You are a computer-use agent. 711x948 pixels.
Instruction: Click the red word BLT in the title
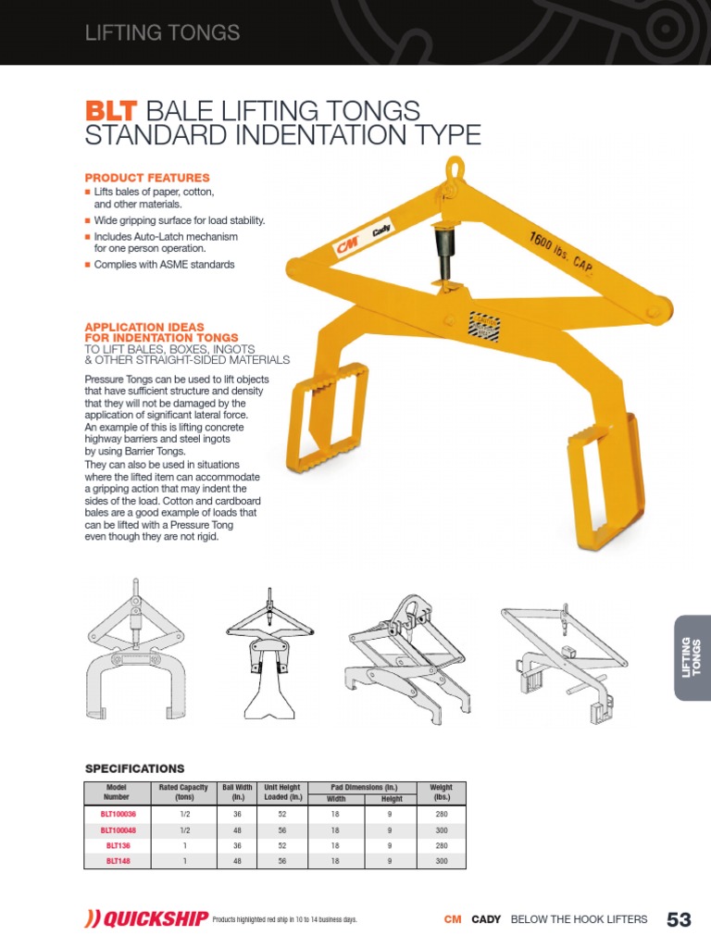tap(110, 111)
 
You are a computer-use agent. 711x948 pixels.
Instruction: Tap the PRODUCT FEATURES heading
tap(147, 177)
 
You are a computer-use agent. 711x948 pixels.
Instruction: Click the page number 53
tap(679, 919)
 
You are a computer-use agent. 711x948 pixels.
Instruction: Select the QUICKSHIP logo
tap(140, 918)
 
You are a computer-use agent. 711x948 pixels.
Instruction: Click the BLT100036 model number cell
tap(118, 814)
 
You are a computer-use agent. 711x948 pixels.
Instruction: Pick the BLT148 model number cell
tap(118, 860)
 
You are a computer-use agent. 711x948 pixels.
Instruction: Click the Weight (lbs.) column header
tap(442, 792)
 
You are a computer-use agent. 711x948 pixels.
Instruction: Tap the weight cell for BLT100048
tap(442, 829)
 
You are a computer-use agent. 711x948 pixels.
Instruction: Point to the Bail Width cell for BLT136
tap(237, 845)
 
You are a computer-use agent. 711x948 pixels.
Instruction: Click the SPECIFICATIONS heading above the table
tap(135, 768)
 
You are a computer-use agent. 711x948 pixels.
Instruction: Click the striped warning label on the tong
tap(485, 327)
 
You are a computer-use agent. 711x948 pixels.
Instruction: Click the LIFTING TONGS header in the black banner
tap(162, 33)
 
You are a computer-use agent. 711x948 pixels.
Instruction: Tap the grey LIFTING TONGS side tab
tap(692, 657)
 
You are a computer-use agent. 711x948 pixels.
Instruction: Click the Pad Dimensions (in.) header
tap(361, 786)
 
